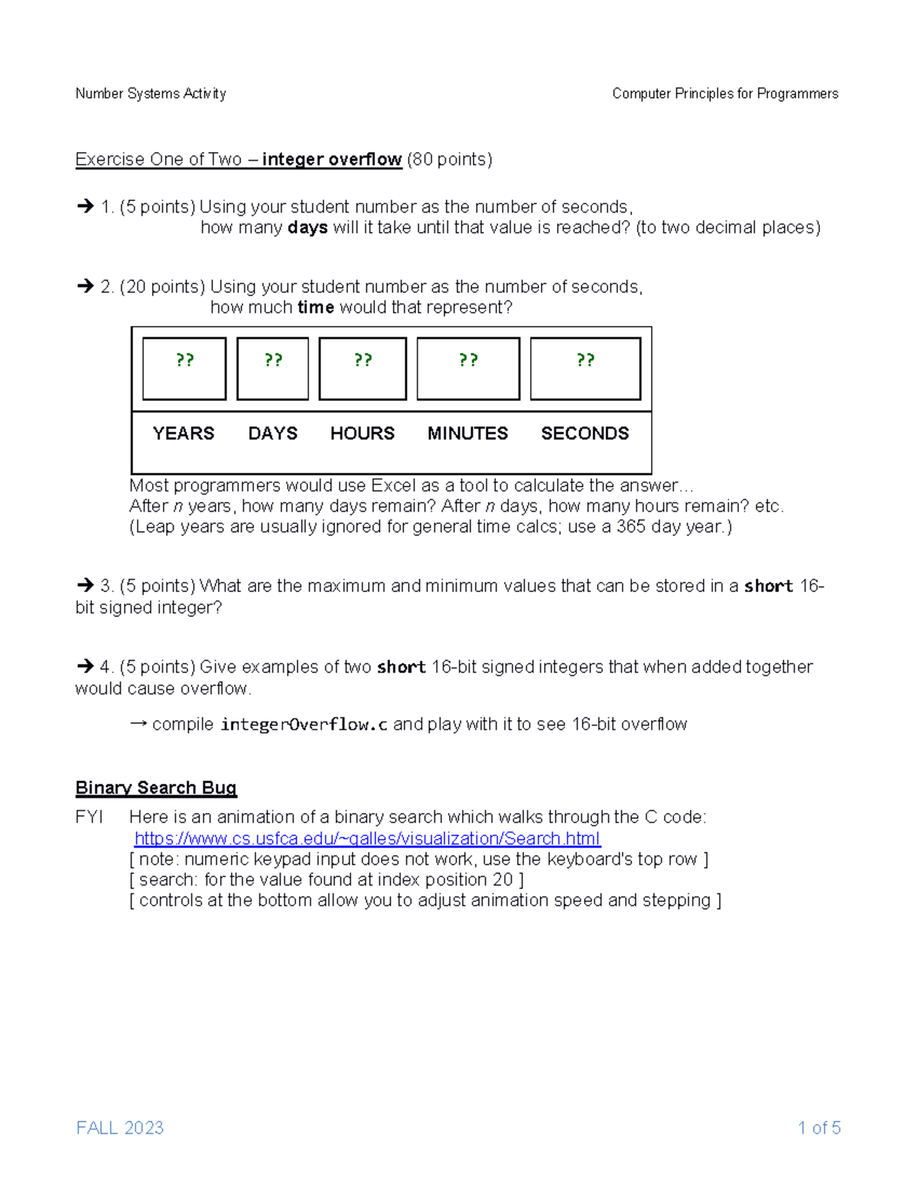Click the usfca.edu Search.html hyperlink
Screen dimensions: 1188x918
tap(367, 838)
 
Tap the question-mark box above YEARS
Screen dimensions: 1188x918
tap(184, 369)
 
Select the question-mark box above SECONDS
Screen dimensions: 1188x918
tap(585, 369)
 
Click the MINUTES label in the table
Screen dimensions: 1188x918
tap(467, 434)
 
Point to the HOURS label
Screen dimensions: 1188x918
tap(362, 434)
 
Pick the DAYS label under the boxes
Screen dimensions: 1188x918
tap(272, 434)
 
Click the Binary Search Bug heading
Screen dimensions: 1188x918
tap(156, 788)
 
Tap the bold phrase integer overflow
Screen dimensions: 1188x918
tap(331, 159)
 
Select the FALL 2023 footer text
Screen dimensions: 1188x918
tap(120, 1128)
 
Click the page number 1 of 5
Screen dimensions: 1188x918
tap(819, 1128)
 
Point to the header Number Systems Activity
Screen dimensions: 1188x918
tap(151, 93)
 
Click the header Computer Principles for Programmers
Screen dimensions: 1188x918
tap(724, 93)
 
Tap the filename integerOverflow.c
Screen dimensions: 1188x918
tap(304, 724)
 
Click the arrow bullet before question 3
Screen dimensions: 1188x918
tap(85, 586)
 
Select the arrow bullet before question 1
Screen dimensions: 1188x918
tap(85, 207)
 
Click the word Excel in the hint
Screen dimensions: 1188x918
tap(394, 486)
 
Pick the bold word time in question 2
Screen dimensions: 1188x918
tap(315, 308)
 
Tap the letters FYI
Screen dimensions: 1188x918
tap(89, 817)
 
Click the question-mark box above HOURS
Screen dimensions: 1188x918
tap(363, 369)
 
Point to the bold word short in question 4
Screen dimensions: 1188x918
tap(401, 667)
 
